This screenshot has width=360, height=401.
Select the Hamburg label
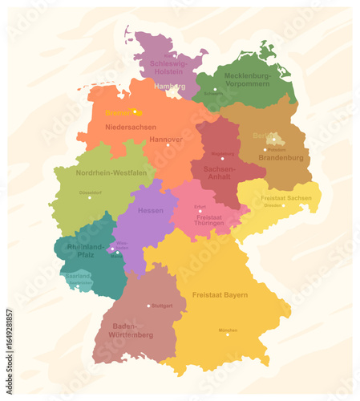click(169, 85)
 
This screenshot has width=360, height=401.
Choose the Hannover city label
click(165, 139)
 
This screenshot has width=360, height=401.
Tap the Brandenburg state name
click(281, 158)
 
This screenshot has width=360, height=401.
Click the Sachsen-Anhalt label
click(218, 173)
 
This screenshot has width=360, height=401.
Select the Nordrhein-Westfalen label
click(110, 172)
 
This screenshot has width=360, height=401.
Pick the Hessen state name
click(150, 210)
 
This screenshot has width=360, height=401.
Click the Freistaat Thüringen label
click(209, 219)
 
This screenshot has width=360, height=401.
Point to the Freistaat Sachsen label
click(286, 197)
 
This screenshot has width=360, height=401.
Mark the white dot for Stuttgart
click(148, 306)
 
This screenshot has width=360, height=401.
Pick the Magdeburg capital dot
click(222, 158)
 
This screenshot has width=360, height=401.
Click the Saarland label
click(78, 274)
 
